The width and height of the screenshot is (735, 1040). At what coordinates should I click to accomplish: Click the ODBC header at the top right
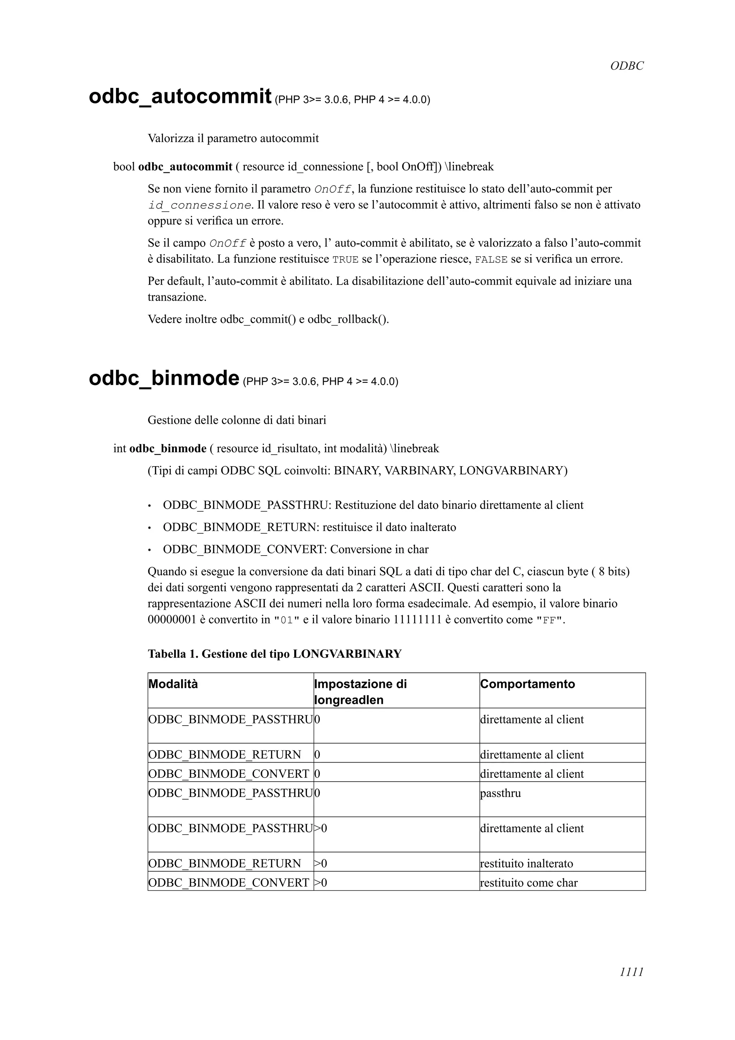coord(626,66)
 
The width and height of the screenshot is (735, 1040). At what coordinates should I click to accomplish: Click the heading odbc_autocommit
coord(180,97)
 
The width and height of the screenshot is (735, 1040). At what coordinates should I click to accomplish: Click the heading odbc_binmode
coord(164,378)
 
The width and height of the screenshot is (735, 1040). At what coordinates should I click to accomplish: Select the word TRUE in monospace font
coord(345,260)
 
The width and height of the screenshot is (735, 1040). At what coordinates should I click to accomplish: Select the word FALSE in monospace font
coord(491,260)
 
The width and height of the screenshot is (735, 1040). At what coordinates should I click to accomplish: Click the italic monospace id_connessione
coord(199,205)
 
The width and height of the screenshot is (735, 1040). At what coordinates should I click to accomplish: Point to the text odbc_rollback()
coord(348,319)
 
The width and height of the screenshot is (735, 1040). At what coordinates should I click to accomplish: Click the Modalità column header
coord(173,684)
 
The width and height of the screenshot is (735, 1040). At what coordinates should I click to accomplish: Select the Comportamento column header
coord(527,684)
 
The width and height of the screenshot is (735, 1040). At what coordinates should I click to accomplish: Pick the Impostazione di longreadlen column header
coord(360,692)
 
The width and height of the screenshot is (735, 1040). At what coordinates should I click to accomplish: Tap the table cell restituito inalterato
coord(526,863)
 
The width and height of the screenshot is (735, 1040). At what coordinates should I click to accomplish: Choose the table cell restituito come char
coord(529,883)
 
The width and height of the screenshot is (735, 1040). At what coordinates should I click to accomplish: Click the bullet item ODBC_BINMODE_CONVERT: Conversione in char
coord(295,549)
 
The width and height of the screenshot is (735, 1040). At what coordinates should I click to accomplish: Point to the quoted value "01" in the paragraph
coord(287,620)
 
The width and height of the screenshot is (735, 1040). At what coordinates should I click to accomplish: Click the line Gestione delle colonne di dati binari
coord(237,420)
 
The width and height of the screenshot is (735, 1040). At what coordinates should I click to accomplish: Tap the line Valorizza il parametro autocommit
coord(233,138)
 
